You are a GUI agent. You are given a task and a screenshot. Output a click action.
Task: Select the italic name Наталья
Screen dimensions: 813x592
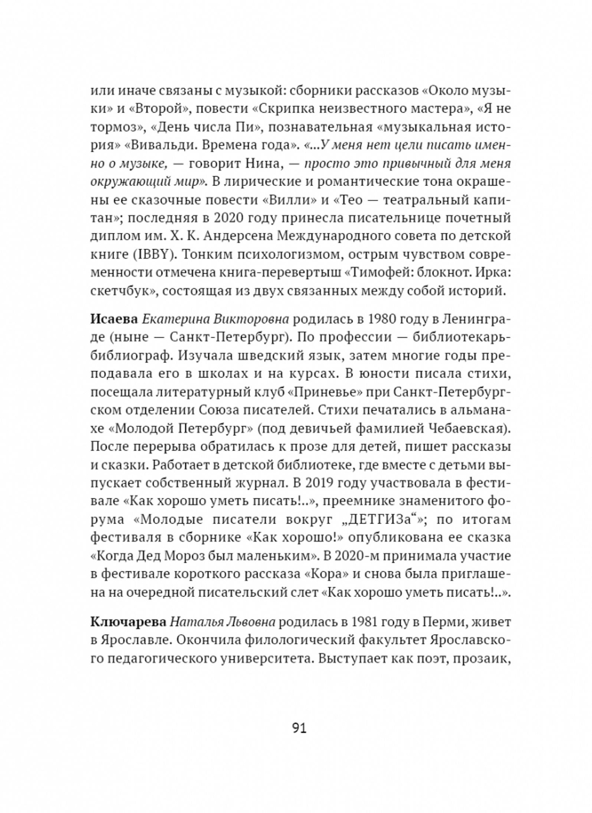pyautogui.click(x=194, y=622)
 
